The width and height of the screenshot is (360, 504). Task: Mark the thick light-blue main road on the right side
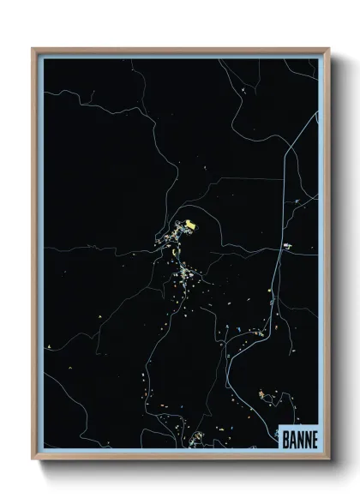point(276,283)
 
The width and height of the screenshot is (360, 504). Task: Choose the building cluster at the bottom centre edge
point(195,438)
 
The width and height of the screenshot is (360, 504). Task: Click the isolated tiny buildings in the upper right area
point(247,89)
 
